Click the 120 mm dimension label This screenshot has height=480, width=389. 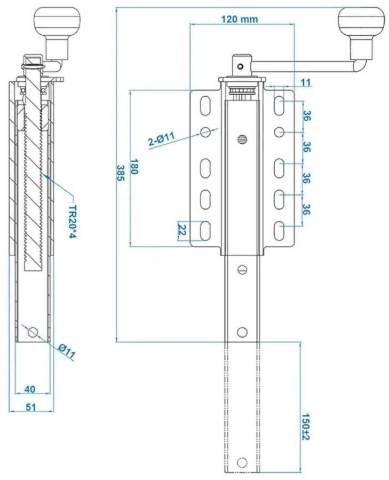click(239, 19)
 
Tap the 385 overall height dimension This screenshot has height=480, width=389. click(121, 173)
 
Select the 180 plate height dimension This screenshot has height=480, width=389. click(134, 166)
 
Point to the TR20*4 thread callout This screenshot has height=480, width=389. click(72, 222)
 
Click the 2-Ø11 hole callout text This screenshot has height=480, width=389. click(161, 138)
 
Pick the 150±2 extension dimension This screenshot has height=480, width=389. click(306, 427)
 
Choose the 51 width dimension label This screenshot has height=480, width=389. click(30, 407)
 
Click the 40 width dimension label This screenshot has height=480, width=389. click(30, 389)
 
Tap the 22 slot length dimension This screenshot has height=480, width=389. click(182, 230)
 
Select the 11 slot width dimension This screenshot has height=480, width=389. click(306, 82)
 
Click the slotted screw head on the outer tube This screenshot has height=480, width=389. click(242, 140)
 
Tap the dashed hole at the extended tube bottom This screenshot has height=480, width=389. click(242, 462)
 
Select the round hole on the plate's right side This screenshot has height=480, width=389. click(279, 132)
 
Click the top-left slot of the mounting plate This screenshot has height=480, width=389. click(205, 106)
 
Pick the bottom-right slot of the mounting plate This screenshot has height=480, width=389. click(279, 231)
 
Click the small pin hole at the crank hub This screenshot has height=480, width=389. click(241, 66)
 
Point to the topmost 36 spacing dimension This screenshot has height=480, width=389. click(306, 116)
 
